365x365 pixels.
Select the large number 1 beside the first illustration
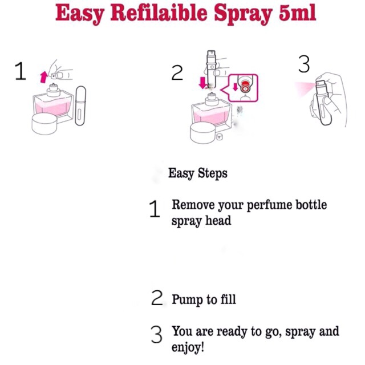point(21,71)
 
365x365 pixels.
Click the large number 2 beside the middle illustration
point(177,73)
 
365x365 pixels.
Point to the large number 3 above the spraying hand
point(304,64)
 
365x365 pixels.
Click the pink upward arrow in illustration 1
point(43,77)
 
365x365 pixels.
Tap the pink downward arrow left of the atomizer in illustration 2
point(203,83)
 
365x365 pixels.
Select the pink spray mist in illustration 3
point(305,88)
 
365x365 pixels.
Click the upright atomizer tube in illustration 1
point(80,106)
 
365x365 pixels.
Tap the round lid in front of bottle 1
point(44,124)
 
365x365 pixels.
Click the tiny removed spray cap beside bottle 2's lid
point(219,137)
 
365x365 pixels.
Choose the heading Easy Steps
point(198,173)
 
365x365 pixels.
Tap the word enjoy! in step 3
point(188,347)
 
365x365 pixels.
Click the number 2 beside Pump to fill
point(157,298)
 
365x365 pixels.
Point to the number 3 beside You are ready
point(156,335)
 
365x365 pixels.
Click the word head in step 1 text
point(218,220)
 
